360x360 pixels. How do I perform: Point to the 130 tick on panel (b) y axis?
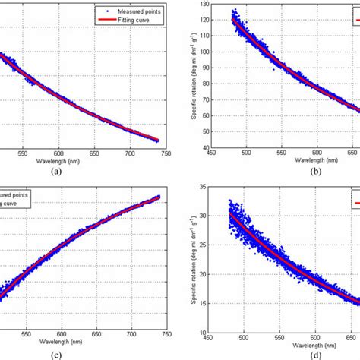point(212,5)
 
